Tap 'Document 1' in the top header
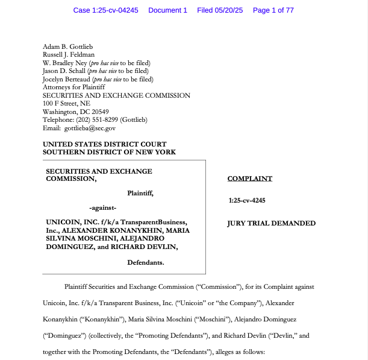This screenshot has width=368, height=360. tap(167, 10)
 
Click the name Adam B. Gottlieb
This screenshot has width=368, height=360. tap(67, 46)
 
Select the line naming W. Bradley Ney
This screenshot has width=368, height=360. tap(96, 63)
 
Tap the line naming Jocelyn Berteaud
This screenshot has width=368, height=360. tap(98, 79)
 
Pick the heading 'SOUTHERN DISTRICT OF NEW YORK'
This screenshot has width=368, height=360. tap(109, 152)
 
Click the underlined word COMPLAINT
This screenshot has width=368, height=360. tap(249, 178)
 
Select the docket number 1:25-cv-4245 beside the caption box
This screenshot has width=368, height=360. tap(247, 200)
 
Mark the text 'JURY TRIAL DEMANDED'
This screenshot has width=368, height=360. tap(271, 223)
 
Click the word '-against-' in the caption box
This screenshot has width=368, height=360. tap(107, 208)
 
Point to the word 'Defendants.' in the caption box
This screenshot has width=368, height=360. tap(146, 263)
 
